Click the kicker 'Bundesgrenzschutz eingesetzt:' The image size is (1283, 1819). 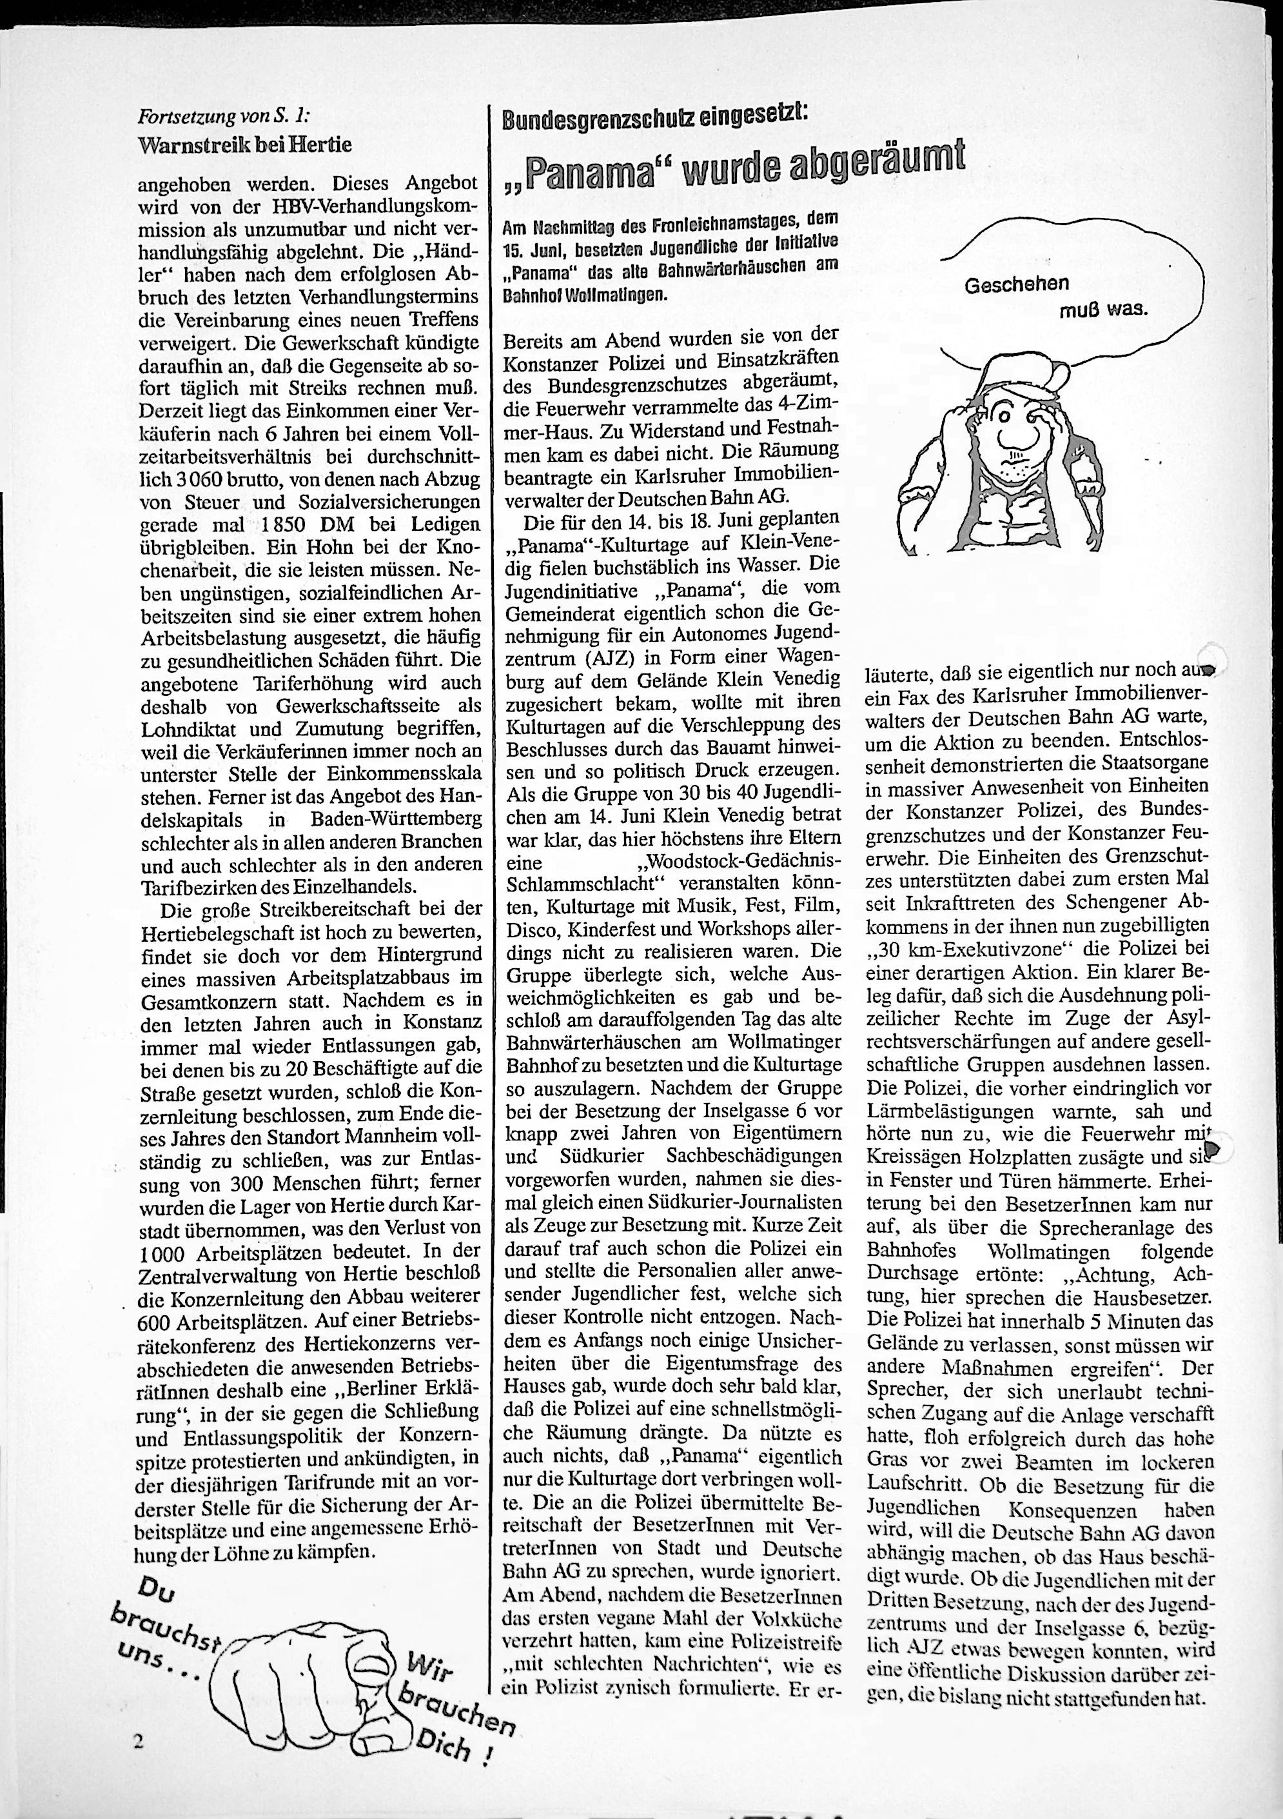point(656,118)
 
